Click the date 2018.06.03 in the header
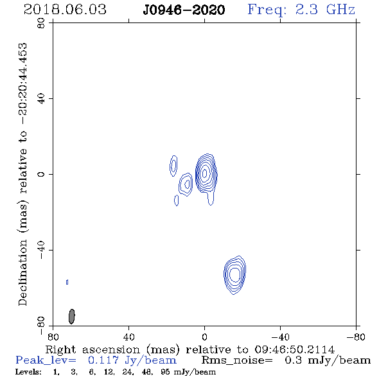[x=65, y=10]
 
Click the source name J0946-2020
[x=184, y=10]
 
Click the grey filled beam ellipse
[x=72, y=317]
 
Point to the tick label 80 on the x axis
[x=53, y=337]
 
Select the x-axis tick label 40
[x=128, y=337]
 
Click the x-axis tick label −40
[x=280, y=337]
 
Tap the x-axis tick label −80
[x=356, y=337]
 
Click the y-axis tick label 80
[x=41, y=23]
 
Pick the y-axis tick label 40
[x=41, y=99]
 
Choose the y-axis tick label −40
[x=41, y=250]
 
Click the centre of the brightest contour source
[x=204, y=173]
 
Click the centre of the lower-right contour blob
[x=234, y=274]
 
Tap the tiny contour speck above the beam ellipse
[x=67, y=282]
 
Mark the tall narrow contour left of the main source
[x=173, y=166]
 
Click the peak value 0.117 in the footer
[x=103, y=360]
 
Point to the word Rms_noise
[x=237, y=360]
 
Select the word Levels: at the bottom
[x=28, y=372]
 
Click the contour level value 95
[x=165, y=372]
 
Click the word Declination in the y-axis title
[x=22, y=272]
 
